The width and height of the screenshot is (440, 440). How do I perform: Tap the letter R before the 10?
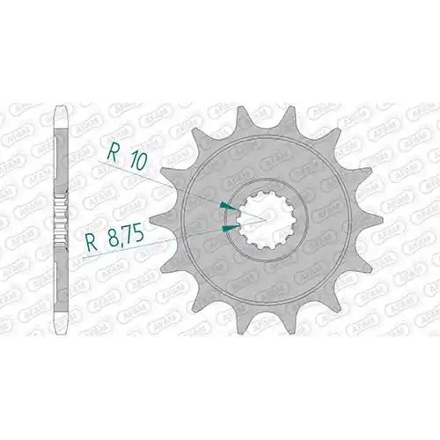tap(113, 151)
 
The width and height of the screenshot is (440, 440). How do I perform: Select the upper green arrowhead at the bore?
tap(228, 207)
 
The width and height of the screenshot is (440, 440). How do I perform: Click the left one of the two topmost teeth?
tap(242, 119)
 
